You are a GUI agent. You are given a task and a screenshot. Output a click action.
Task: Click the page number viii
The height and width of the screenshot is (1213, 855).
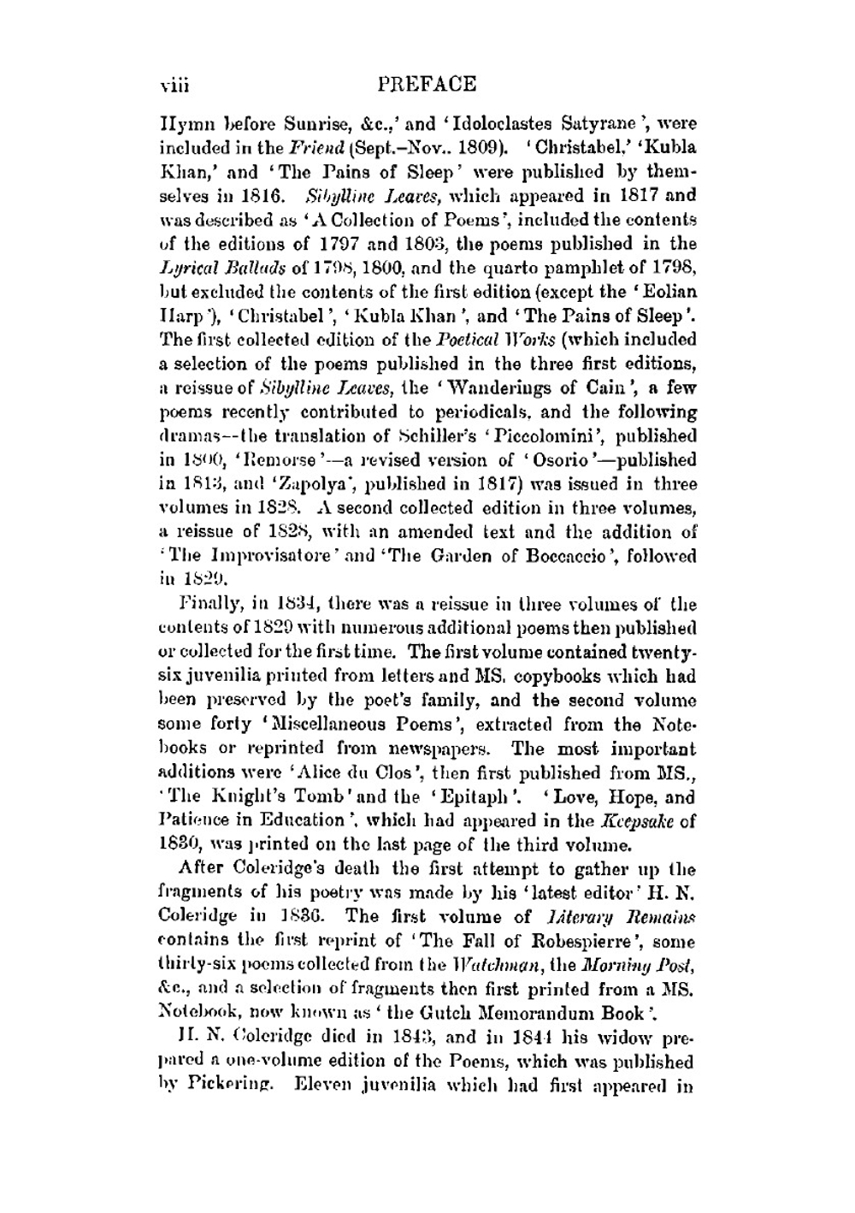tap(174, 86)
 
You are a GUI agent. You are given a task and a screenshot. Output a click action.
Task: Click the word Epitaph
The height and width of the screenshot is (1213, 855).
tap(481, 797)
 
